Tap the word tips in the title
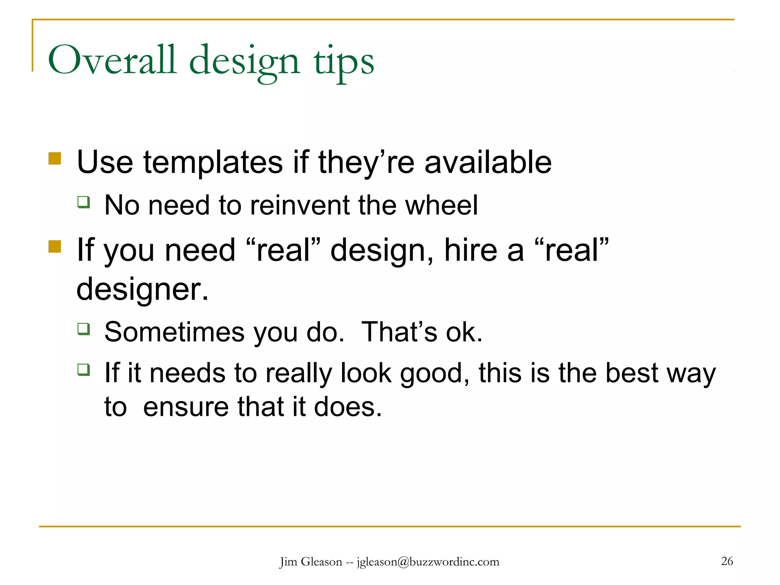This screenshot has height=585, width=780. click(x=344, y=62)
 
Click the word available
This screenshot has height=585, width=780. click(x=488, y=163)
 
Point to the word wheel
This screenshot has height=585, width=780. click(x=441, y=205)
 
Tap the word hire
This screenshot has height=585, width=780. click(x=471, y=250)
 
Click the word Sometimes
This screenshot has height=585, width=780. click(x=174, y=332)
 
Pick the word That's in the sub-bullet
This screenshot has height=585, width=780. click(x=399, y=332)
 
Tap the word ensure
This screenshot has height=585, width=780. click(x=185, y=407)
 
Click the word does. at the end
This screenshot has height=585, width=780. click(x=348, y=407)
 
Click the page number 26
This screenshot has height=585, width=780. click(x=727, y=561)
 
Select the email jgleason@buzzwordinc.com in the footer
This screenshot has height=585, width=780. click(x=428, y=562)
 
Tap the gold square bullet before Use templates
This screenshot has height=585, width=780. click(x=55, y=158)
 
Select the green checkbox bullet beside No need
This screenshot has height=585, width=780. click(x=84, y=201)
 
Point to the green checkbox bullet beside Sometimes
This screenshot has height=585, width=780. click(x=84, y=328)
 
